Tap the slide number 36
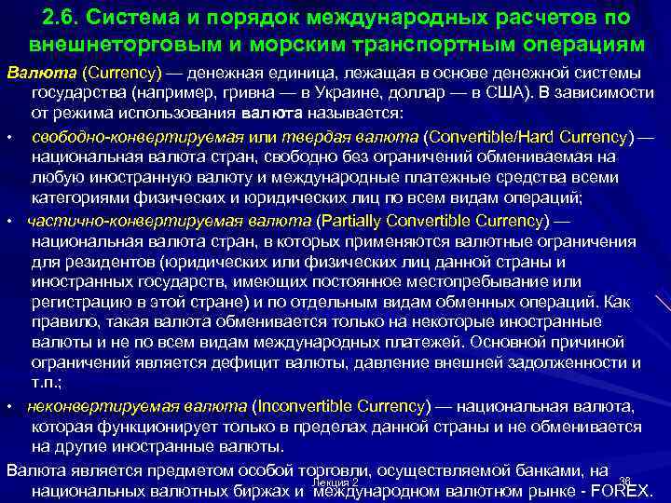coord(624,481)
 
